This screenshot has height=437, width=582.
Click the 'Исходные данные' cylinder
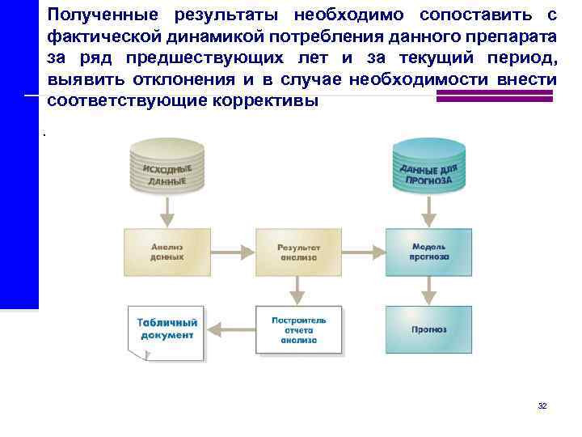click(x=167, y=169)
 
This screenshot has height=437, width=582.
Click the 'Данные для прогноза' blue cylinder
click(x=428, y=169)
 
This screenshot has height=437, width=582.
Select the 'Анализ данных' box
click(x=167, y=252)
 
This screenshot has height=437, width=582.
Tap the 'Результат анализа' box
click(x=298, y=252)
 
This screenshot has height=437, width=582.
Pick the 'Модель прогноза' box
click(x=429, y=252)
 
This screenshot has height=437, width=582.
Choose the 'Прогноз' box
click(x=429, y=329)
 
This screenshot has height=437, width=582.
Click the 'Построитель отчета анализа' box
click(x=298, y=329)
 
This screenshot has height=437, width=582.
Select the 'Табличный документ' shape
click(x=167, y=330)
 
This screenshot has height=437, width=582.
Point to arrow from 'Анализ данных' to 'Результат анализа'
click(x=233, y=252)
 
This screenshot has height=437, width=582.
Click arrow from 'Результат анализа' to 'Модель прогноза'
click(x=364, y=252)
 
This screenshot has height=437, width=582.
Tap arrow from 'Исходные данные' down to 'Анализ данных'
click(x=167, y=212)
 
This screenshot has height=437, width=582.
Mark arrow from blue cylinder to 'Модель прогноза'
click(x=429, y=212)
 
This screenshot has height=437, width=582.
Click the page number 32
click(x=542, y=405)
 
